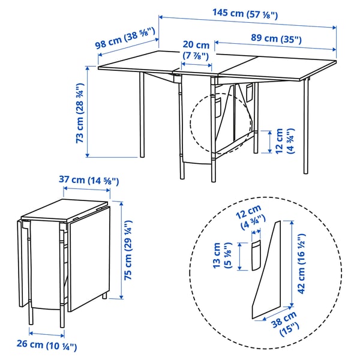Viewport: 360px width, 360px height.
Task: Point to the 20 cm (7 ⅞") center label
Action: pos(196,50)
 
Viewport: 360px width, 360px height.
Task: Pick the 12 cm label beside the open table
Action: pos(284,141)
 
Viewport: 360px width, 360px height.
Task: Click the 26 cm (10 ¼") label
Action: pos(46,346)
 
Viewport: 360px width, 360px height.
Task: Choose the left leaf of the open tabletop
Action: pos(138,66)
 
